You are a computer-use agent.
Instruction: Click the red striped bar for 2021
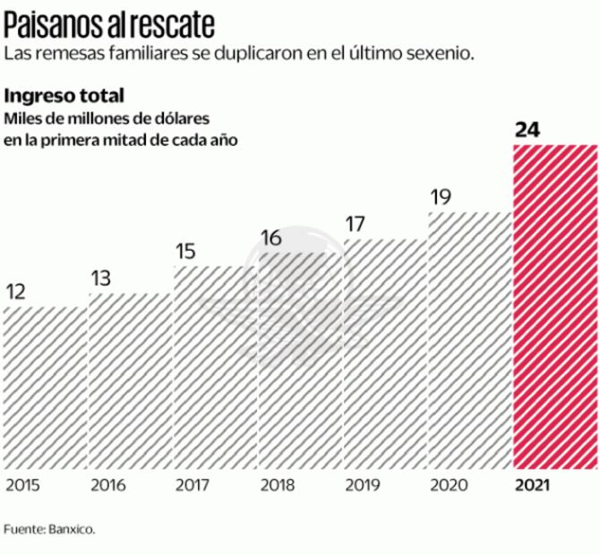(x=554, y=306)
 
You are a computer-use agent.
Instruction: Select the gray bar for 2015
(x=45, y=387)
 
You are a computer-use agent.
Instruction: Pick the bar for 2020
(x=469, y=340)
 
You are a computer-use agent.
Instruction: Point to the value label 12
(x=16, y=292)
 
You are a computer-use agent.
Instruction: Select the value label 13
(x=100, y=278)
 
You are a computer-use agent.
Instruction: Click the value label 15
(x=185, y=252)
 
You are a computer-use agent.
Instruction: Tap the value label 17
(x=355, y=224)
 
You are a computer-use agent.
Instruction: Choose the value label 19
(x=440, y=197)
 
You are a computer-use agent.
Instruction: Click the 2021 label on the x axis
(x=532, y=486)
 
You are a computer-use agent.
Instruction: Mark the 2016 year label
(x=108, y=486)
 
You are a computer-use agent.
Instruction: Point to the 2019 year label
(x=363, y=486)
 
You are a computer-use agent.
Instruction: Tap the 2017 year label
(x=193, y=486)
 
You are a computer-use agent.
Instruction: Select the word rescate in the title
(x=175, y=20)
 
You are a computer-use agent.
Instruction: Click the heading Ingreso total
(x=64, y=95)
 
